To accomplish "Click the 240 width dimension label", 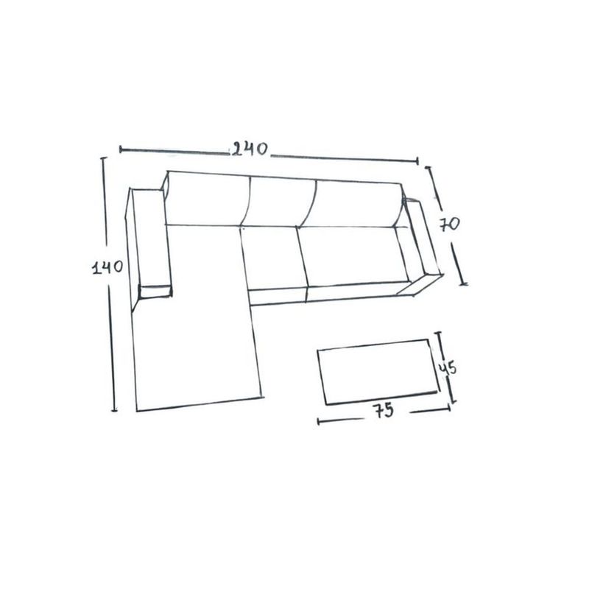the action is [x=250, y=149].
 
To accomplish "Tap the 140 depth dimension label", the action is [x=107, y=267].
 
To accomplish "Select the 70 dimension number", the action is [x=450, y=225].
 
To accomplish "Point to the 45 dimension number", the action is [x=448, y=368].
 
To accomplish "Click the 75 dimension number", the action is [x=384, y=410].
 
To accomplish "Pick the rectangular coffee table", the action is [x=378, y=372].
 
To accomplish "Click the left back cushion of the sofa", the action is [x=206, y=199].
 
